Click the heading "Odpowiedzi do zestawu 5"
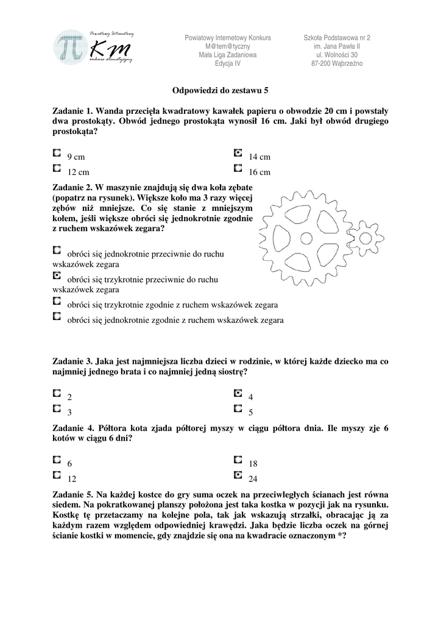(x=220, y=90)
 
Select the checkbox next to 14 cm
(x=238, y=154)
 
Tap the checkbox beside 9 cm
(x=57, y=154)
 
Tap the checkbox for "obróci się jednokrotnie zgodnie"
(x=57, y=316)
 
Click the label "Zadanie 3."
(x=72, y=361)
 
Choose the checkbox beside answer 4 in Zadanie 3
(x=238, y=393)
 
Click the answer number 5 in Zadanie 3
(x=251, y=413)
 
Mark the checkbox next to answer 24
(x=238, y=475)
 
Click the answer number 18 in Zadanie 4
(x=253, y=464)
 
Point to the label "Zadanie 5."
(x=72, y=494)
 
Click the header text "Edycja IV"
(x=227, y=63)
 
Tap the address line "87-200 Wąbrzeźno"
(x=336, y=63)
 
